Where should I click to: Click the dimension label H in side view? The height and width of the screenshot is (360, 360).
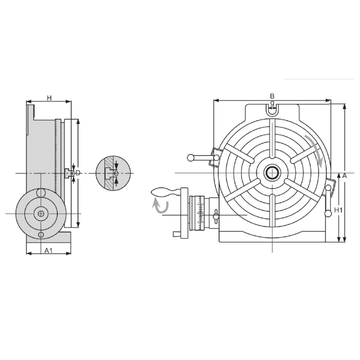coord(49,98)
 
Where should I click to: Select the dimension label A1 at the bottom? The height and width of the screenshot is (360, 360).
coord(49,250)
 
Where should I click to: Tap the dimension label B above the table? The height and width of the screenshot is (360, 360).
coord(272,96)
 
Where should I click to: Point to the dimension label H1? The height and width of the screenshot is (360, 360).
coord(338,210)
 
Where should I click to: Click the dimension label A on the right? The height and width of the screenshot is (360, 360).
coord(344,176)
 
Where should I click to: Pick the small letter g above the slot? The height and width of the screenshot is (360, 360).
coord(272,103)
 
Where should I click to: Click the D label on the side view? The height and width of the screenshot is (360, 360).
coord(78,173)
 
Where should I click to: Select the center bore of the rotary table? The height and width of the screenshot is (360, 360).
coord(272,173)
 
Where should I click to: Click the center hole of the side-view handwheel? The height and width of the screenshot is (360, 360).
coord(41,214)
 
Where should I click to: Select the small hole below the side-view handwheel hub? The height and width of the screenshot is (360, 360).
coord(41,235)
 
